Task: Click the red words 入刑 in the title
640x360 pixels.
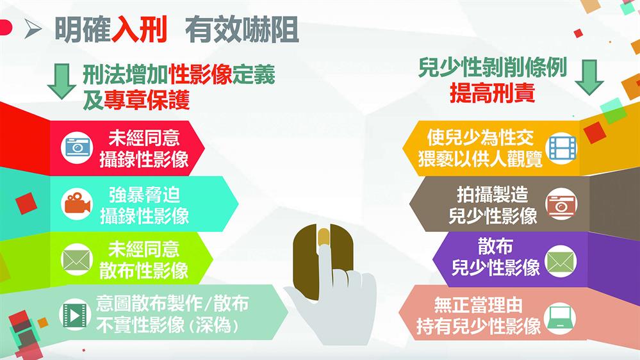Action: (x=139, y=30)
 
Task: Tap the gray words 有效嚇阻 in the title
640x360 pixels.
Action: (x=242, y=30)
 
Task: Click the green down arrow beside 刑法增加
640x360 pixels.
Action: (x=62, y=81)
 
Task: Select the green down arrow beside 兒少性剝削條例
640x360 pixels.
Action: (x=589, y=78)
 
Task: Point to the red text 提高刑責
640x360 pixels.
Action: (x=492, y=93)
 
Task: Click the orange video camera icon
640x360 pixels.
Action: (x=77, y=204)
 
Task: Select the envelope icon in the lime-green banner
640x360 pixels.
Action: (x=77, y=259)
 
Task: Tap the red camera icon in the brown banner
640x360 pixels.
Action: (x=561, y=204)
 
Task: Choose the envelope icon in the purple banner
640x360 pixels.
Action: (x=561, y=261)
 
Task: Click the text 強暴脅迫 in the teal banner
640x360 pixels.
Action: (x=144, y=195)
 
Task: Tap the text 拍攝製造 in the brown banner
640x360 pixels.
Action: (x=492, y=195)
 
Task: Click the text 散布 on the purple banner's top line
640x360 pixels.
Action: (x=495, y=247)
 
